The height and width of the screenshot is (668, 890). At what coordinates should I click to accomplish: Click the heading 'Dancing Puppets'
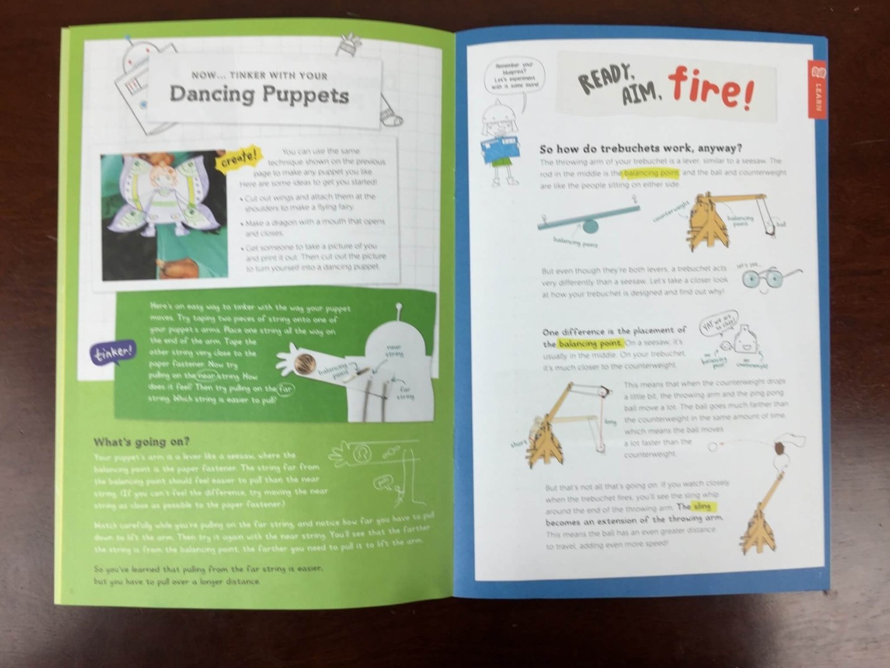259,95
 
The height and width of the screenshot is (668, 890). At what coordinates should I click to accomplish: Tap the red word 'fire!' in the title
709,90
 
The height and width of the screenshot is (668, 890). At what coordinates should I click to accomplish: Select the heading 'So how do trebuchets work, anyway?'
640,149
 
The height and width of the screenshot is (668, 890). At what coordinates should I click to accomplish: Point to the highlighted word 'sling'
701,506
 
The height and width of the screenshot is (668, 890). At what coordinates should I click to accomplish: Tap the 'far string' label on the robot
404,393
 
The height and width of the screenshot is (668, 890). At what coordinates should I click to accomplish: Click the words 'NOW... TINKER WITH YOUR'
259,76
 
